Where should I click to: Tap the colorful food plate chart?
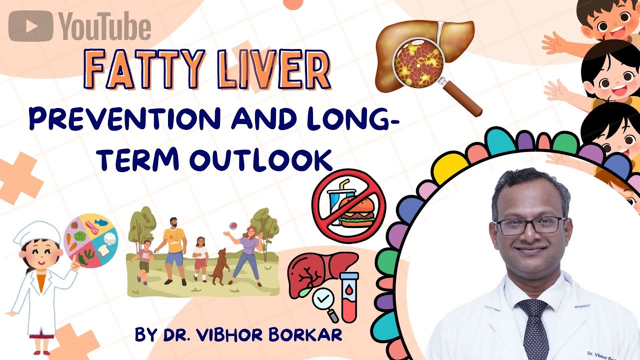[x=90, y=240]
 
